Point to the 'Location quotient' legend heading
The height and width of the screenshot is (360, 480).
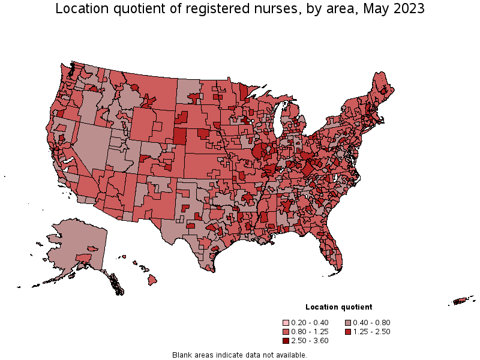(x=338, y=307)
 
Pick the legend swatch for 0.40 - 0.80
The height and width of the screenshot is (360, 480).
(x=349, y=323)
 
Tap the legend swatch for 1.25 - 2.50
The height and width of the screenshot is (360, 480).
(x=349, y=332)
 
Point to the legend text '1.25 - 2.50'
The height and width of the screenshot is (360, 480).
(x=373, y=332)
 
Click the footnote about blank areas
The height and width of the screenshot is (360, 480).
(x=239, y=355)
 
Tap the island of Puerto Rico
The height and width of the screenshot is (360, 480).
(x=461, y=301)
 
